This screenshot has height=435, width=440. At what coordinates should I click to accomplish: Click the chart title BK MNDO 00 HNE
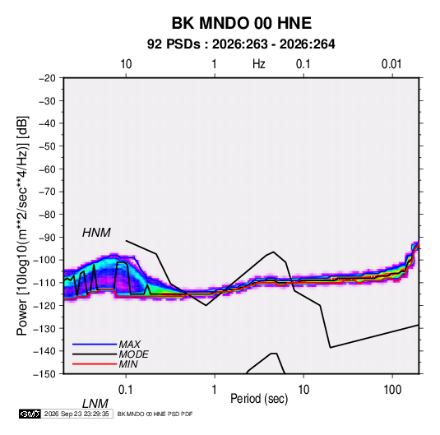241,23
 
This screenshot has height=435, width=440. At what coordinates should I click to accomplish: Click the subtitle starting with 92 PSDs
241,44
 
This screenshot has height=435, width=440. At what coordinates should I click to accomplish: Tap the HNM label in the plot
96,233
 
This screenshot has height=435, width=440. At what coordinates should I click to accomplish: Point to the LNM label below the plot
95,404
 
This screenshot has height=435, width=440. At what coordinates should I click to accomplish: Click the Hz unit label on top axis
259,64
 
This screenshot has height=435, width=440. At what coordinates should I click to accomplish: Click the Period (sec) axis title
259,399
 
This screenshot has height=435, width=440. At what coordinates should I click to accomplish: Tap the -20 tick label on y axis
47,78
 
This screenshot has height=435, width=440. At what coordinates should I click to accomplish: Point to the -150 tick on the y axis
44,374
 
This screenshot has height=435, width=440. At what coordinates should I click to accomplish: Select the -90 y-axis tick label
47,238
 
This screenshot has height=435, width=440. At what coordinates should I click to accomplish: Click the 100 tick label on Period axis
392,390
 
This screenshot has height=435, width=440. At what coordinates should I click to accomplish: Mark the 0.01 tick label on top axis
391,64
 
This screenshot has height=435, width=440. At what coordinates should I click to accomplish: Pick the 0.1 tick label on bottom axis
125,390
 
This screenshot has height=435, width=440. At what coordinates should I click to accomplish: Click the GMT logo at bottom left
30,414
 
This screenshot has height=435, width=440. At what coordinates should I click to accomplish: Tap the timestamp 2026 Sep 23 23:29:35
76,414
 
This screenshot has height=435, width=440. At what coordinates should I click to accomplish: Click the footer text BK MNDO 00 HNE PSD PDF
155,414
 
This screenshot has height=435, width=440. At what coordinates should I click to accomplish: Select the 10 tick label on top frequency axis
126,64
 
